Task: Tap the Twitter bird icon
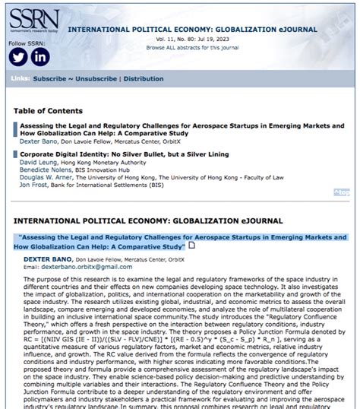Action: coord(18,56)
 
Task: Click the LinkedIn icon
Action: coord(39,56)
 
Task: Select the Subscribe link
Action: coord(50,78)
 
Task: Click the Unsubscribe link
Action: coord(96,78)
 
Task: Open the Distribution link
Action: coord(144,78)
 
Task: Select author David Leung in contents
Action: coord(38,162)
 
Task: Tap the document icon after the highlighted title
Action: coord(191,246)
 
